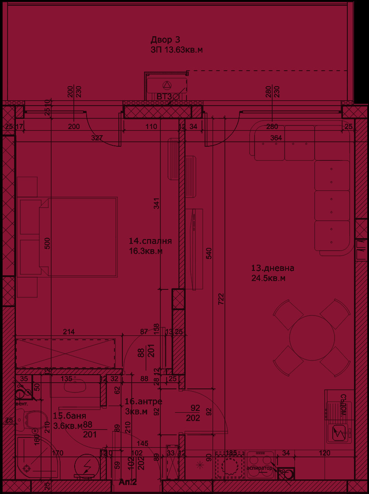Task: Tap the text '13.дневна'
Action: tap(272, 268)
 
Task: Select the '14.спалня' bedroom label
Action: tap(150, 241)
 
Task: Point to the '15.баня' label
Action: tap(69, 416)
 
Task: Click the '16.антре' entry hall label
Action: tap(143, 402)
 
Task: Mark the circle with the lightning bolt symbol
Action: tap(87, 465)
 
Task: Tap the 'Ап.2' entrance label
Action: tap(127, 482)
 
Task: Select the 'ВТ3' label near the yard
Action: tap(164, 96)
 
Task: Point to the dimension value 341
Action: tap(156, 202)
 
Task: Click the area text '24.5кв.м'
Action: tap(268, 278)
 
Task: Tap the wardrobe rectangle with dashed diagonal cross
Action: tap(65, 353)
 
